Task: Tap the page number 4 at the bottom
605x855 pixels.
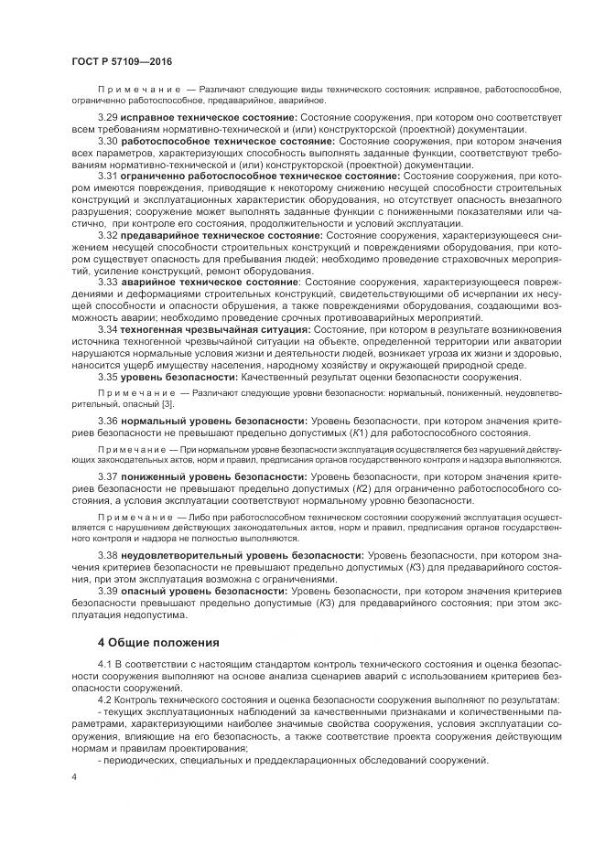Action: click(73, 778)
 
